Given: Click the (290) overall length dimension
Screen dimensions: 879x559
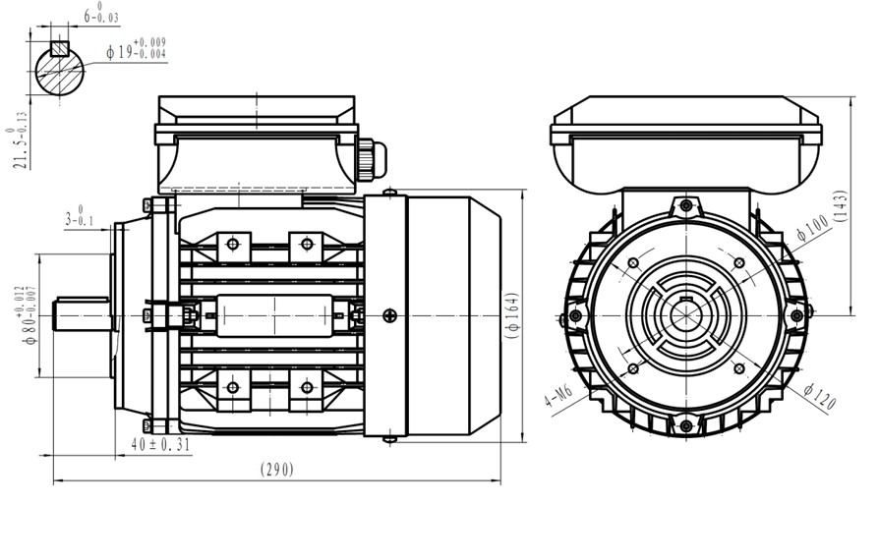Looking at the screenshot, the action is [277, 469].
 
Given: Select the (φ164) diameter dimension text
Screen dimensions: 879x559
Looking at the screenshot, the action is [512, 315].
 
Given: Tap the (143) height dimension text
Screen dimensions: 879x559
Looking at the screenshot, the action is [841, 206].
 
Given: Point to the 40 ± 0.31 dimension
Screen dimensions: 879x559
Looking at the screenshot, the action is [160, 445].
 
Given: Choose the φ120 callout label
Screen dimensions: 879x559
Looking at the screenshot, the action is [819, 396].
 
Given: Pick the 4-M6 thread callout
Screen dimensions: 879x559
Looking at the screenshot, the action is [558, 396].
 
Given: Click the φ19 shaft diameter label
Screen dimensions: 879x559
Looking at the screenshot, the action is [137, 48].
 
